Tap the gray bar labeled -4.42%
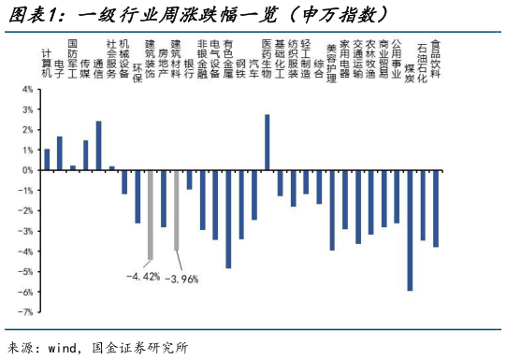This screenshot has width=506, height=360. coord(151,215)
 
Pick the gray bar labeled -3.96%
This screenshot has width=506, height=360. coord(177,210)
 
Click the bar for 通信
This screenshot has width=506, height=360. coord(98,146)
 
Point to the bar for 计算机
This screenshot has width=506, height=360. coord(47,160)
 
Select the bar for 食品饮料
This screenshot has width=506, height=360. coord(436,209)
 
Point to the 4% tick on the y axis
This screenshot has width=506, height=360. coord(27,90)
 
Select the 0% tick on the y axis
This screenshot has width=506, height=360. coord(27,171)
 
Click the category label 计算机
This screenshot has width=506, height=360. coord(47,61)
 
